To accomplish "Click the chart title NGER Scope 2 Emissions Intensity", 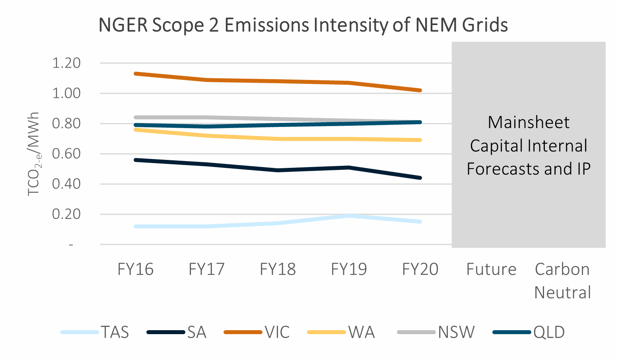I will [x=303, y=25].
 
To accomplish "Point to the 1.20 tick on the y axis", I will [x=66, y=63].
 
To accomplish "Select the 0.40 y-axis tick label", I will [x=66, y=184].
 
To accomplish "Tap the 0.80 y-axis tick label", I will [x=66, y=124].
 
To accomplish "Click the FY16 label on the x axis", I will [x=135, y=269].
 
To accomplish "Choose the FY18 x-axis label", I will [x=278, y=269].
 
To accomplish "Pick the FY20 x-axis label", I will [x=420, y=269].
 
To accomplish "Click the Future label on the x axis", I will [x=491, y=269].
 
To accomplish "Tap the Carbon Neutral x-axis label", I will [x=562, y=281].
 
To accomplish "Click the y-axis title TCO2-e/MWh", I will [x=34, y=154].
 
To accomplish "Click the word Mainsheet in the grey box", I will [x=529, y=123].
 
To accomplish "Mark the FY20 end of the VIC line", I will [x=420, y=90].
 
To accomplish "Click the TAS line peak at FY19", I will [x=349, y=216].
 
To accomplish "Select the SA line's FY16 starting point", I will [x=136, y=160].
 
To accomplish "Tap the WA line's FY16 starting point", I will [x=136, y=129].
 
